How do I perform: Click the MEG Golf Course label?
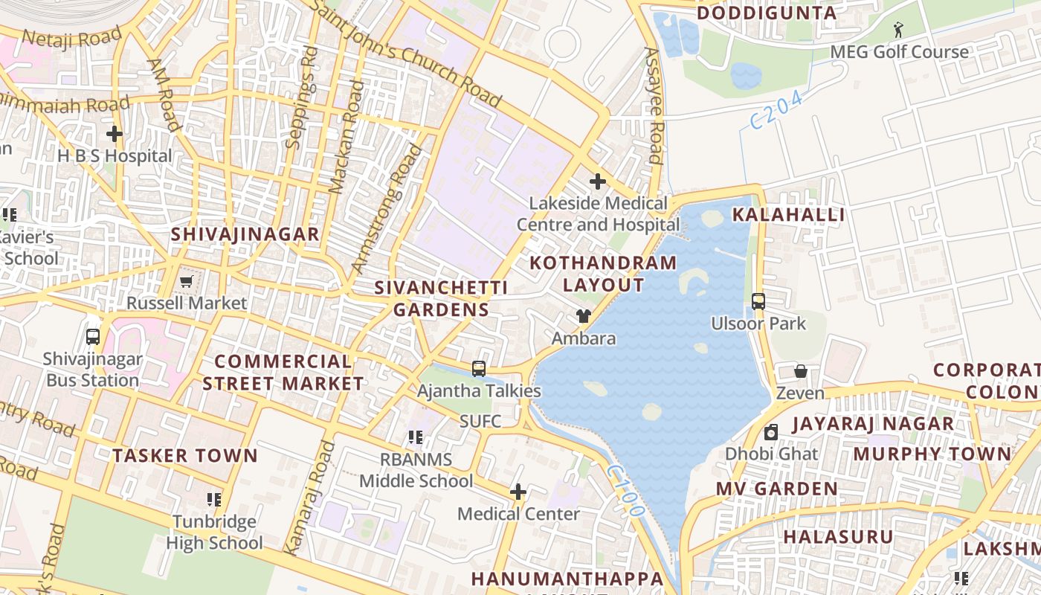pyautogui.click(x=899, y=52)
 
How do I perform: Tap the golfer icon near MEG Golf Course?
pyautogui.click(x=899, y=30)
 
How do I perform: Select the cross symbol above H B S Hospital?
pyautogui.click(x=114, y=134)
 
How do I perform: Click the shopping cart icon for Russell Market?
pyautogui.click(x=186, y=281)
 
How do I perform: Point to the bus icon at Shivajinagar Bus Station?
pyautogui.click(x=92, y=336)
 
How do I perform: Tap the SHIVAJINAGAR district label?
pyautogui.click(x=245, y=234)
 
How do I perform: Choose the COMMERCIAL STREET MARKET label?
pyautogui.click(x=283, y=373)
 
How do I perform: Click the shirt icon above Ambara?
pyautogui.click(x=584, y=316)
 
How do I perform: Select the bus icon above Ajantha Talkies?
pyautogui.click(x=479, y=368)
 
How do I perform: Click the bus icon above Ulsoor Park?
pyautogui.click(x=758, y=301)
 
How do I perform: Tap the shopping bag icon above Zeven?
pyautogui.click(x=801, y=371)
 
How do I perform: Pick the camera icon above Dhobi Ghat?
pyautogui.click(x=771, y=432)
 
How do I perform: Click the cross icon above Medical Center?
pyautogui.click(x=518, y=492)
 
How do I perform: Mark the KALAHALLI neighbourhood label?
pyautogui.click(x=788, y=215)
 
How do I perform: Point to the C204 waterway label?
pyautogui.click(x=776, y=109)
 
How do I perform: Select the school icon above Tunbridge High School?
pyautogui.click(x=214, y=499)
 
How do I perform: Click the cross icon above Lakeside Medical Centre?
pyautogui.click(x=597, y=181)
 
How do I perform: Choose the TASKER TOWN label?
pyautogui.click(x=184, y=456)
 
